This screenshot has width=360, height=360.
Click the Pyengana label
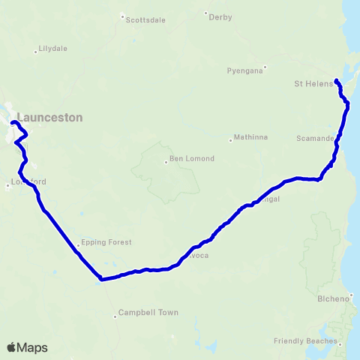244,70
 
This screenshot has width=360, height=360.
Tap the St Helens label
313,83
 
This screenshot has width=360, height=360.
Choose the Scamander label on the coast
314,139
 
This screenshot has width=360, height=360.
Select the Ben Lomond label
192,158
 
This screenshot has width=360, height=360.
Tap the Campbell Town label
148,312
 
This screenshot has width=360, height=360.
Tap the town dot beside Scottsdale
122,16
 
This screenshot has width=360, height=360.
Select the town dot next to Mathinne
230,139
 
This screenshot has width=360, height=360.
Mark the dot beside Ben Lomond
166,162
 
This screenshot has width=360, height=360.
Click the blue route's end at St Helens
336,80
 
